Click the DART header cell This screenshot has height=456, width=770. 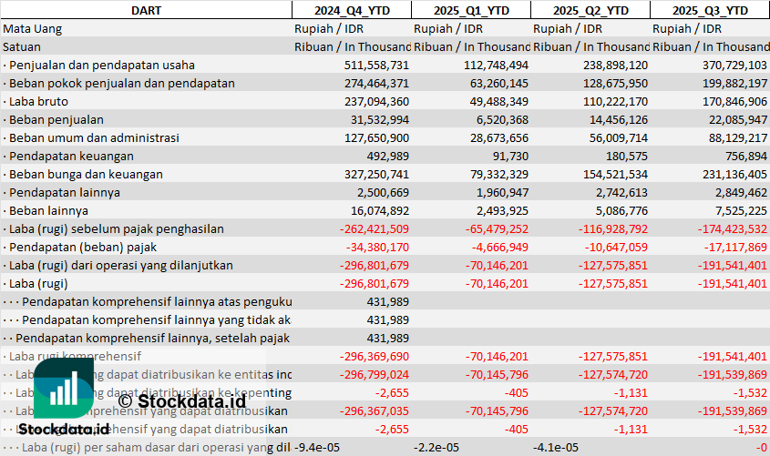coord(146,10)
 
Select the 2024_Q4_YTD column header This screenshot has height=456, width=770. coord(351,10)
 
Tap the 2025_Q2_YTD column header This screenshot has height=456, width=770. coord(590,10)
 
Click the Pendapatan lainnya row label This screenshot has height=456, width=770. coord(65,192)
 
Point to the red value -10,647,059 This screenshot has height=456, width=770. coord(615,247)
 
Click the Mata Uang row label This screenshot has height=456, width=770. coord(33,28)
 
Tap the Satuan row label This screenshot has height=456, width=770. coord(22,46)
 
